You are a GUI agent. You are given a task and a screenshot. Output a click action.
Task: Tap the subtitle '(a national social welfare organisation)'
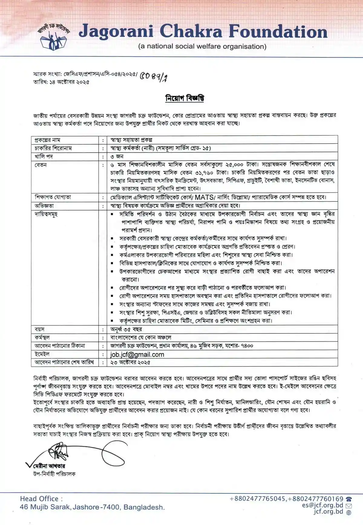pyautogui.click(x=202, y=47)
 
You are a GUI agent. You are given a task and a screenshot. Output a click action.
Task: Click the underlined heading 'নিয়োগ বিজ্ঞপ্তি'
pyautogui.click(x=184, y=99)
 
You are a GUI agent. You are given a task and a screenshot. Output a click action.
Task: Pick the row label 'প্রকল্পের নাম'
pyautogui.click(x=47, y=140)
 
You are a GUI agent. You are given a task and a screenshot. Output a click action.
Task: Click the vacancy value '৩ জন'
pyautogui.click(x=117, y=156)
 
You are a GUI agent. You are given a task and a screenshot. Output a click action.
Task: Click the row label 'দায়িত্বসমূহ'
pyautogui.click(x=46, y=214)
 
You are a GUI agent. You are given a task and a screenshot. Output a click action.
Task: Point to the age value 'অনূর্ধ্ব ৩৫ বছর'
pyautogui.click(x=126, y=329)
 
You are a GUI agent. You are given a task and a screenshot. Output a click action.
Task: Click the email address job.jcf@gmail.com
pyautogui.click(x=137, y=354)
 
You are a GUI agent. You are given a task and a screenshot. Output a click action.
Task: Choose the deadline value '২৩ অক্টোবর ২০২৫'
pyautogui.click(x=130, y=362)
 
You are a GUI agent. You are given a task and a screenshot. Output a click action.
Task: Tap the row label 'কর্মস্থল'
pyautogui.click(x=42, y=337)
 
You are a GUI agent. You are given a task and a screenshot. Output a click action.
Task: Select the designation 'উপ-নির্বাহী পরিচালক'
pyautogui.click(x=54, y=474)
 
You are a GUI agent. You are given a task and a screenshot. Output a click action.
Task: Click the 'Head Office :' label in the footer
pyautogui.click(x=41, y=499)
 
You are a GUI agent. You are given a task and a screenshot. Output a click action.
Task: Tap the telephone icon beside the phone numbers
pyautogui.click(x=348, y=499)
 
